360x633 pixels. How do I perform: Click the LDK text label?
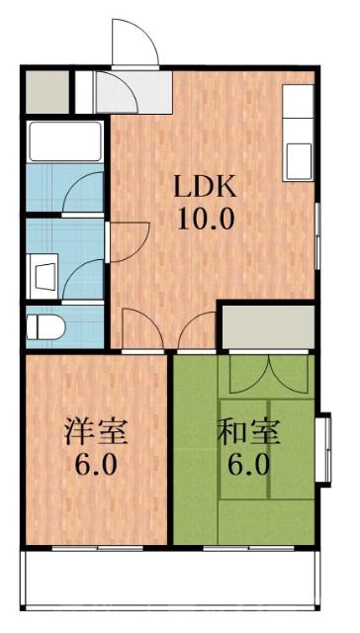206,186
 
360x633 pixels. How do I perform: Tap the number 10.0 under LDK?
206,217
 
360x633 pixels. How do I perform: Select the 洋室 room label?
96,433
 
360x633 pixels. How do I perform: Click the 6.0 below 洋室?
96,464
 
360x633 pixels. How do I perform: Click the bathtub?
65,141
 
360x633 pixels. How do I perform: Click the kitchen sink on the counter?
298,157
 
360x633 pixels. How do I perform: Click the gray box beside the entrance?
44,92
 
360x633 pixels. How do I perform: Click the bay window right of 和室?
323,449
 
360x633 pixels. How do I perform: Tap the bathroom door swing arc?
85,193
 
